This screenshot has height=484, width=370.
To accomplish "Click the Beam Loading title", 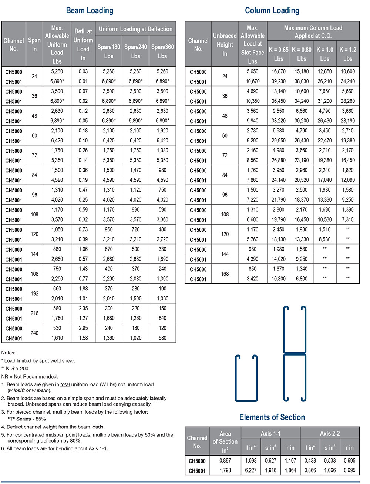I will (90, 10).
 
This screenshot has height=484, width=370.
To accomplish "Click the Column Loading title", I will (272, 10).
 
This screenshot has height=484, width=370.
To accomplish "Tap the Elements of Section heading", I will (272, 417).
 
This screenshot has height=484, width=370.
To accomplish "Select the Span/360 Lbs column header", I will (162, 51).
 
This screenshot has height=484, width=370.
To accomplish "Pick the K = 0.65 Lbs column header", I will (279, 54).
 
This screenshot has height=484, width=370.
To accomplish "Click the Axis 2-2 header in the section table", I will (330, 433).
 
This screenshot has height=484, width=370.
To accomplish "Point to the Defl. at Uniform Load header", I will (83, 44).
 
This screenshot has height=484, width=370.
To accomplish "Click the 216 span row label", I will (34, 313).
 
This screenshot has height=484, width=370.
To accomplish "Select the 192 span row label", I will (34, 293).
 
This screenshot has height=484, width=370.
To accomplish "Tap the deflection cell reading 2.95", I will (83, 328).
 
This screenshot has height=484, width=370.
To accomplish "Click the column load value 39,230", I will (279, 81).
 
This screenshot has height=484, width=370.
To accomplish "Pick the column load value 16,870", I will (279, 71).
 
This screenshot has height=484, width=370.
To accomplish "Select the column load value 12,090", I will (347, 180).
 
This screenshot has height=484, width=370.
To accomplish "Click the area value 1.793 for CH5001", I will (225, 471).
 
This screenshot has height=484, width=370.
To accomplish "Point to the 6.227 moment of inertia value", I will (251, 471).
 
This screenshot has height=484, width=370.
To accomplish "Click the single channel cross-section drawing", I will (246, 378).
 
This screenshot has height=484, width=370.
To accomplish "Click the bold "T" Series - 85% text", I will (27, 419).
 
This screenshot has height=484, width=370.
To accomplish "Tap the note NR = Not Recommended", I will (30, 376).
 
